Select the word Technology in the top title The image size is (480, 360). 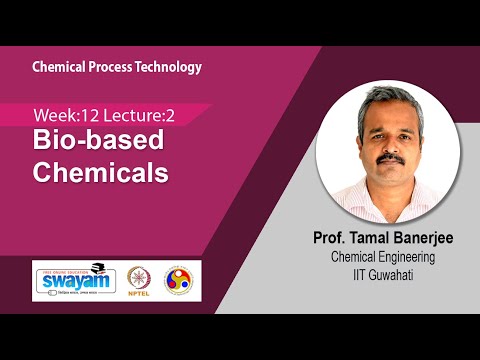169,67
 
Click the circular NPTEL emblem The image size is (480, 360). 140,273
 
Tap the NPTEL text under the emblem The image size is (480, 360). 140,294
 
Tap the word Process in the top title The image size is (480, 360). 112,67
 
